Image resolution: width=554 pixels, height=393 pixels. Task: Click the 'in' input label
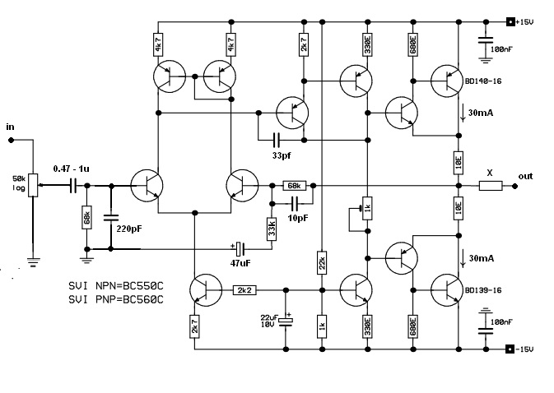tap(10, 127)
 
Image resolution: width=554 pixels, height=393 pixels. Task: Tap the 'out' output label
tap(526, 176)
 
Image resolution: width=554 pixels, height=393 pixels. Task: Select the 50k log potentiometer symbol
tap(33, 187)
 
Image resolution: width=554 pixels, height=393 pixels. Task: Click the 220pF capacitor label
tap(132, 229)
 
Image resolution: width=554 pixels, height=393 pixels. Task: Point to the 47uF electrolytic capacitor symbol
tap(240, 247)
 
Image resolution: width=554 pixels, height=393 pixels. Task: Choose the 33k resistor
tap(271, 229)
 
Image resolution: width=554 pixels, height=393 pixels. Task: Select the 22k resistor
tap(321, 262)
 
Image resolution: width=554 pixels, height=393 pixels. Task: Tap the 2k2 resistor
tap(244, 289)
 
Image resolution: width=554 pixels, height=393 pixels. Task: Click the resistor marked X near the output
tap(490, 186)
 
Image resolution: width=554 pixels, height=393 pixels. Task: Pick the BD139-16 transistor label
tap(483, 289)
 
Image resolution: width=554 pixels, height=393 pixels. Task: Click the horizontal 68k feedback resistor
tap(294, 186)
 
